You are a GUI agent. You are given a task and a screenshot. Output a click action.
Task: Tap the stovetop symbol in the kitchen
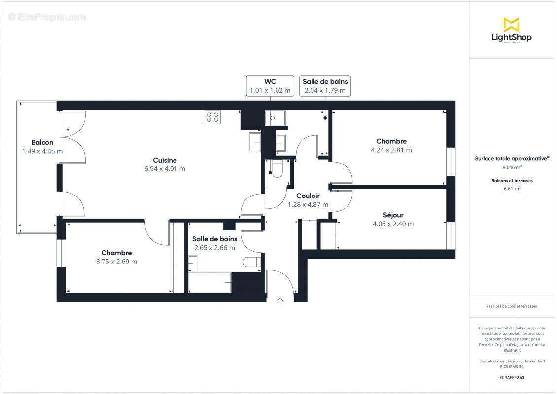213,117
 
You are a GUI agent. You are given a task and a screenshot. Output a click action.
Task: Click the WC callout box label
270,86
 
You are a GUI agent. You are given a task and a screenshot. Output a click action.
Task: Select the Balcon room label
42,143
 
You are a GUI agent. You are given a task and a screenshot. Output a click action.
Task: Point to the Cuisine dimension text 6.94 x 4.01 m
165,169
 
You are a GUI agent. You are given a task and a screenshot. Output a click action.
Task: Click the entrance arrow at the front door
280,300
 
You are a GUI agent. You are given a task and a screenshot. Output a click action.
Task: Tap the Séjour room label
393,215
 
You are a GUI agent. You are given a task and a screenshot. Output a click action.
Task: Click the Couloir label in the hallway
308,196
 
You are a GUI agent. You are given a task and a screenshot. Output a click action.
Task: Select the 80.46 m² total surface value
512,167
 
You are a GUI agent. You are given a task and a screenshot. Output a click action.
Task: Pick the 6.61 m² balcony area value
512,188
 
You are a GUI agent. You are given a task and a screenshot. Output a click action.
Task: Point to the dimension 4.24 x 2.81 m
391,150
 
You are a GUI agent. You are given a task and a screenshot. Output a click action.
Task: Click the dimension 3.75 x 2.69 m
116,262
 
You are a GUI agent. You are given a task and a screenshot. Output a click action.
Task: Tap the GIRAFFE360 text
512,378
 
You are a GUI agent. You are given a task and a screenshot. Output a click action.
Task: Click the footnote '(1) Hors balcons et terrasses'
512,306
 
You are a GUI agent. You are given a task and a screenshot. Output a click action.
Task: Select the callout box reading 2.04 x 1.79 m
325,86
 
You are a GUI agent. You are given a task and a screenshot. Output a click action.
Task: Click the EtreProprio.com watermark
47,17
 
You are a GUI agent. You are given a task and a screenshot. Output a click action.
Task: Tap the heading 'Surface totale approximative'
512,159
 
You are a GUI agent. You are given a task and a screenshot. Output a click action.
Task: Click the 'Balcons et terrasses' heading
512,181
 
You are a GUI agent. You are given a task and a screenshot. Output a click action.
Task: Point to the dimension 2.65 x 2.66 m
214,248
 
